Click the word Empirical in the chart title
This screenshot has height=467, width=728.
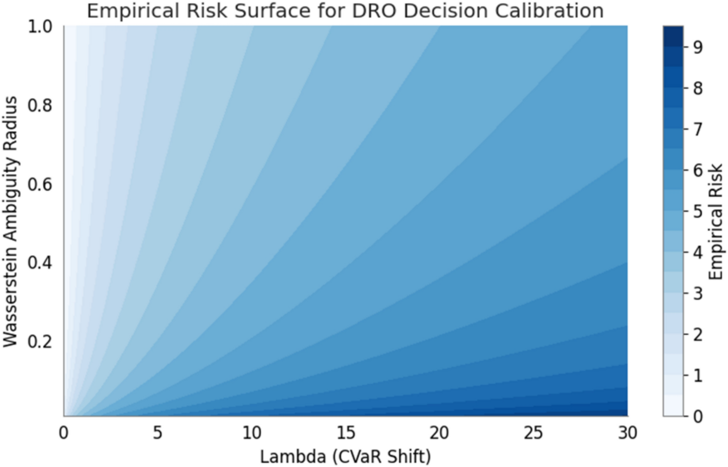(124, 10)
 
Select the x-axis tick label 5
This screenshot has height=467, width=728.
(157, 433)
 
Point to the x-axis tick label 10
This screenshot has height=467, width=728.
(252, 433)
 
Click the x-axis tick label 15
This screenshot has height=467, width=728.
(345, 433)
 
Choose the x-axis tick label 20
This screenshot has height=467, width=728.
(439, 433)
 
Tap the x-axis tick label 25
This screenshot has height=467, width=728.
(533, 433)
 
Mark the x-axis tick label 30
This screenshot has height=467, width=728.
(627, 433)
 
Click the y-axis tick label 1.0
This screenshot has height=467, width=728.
(40, 27)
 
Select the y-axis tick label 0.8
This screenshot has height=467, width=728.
(40, 106)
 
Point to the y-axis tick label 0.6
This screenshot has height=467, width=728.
(40, 184)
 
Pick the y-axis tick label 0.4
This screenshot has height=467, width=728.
(40, 263)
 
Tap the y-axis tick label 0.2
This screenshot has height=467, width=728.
(40, 341)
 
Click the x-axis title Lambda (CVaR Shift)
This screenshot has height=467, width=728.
(345, 457)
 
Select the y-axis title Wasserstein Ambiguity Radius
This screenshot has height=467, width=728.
(10, 221)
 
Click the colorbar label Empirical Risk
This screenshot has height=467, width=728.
(715, 221)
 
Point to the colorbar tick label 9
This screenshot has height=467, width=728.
(698, 47)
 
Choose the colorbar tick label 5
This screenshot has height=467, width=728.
(698, 211)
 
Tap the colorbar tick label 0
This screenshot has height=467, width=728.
(698, 416)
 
